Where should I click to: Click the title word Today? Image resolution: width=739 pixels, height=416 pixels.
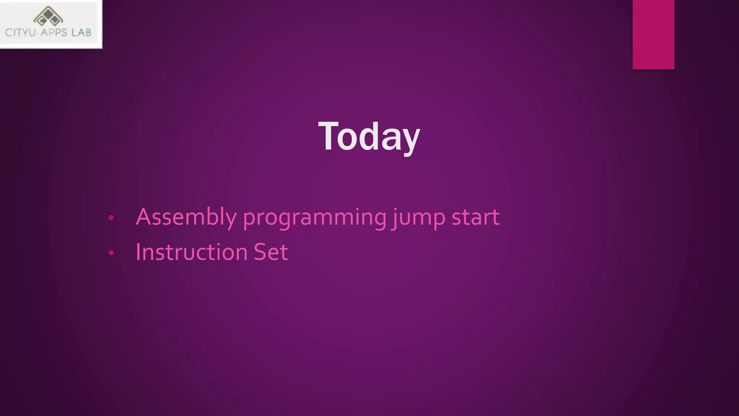pyautogui.click(x=369, y=136)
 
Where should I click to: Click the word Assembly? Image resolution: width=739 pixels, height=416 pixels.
pyautogui.click(x=186, y=217)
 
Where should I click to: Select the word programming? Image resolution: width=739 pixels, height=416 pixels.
pyautogui.click(x=314, y=218)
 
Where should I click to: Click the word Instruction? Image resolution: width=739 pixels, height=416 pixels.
pyautogui.click(x=191, y=252)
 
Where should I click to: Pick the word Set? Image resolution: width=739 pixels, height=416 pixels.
pyautogui.click(x=271, y=252)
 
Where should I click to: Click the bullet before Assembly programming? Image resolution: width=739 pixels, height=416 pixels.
pyautogui.click(x=111, y=218)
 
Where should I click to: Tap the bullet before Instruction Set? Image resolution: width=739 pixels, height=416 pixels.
pyautogui.click(x=111, y=253)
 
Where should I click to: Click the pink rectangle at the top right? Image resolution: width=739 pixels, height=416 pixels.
pyautogui.click(x=653, y=34)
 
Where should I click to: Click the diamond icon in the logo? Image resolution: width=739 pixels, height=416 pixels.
pyautogui.click(x=48, y=16)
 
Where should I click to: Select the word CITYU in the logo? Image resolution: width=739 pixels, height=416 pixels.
pyautogui.click(x=20, y=32)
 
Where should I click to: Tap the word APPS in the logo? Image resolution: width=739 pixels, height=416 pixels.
pyautogui.click(x=54, y=32)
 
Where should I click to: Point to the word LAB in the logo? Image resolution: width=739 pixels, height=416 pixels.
pyautogui.click(x=81, y=32)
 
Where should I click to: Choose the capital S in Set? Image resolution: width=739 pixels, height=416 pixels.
pyautogui.click(x=261, y=252)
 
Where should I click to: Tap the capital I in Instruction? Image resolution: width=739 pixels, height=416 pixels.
pyautogui.click(x=138, y=252)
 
